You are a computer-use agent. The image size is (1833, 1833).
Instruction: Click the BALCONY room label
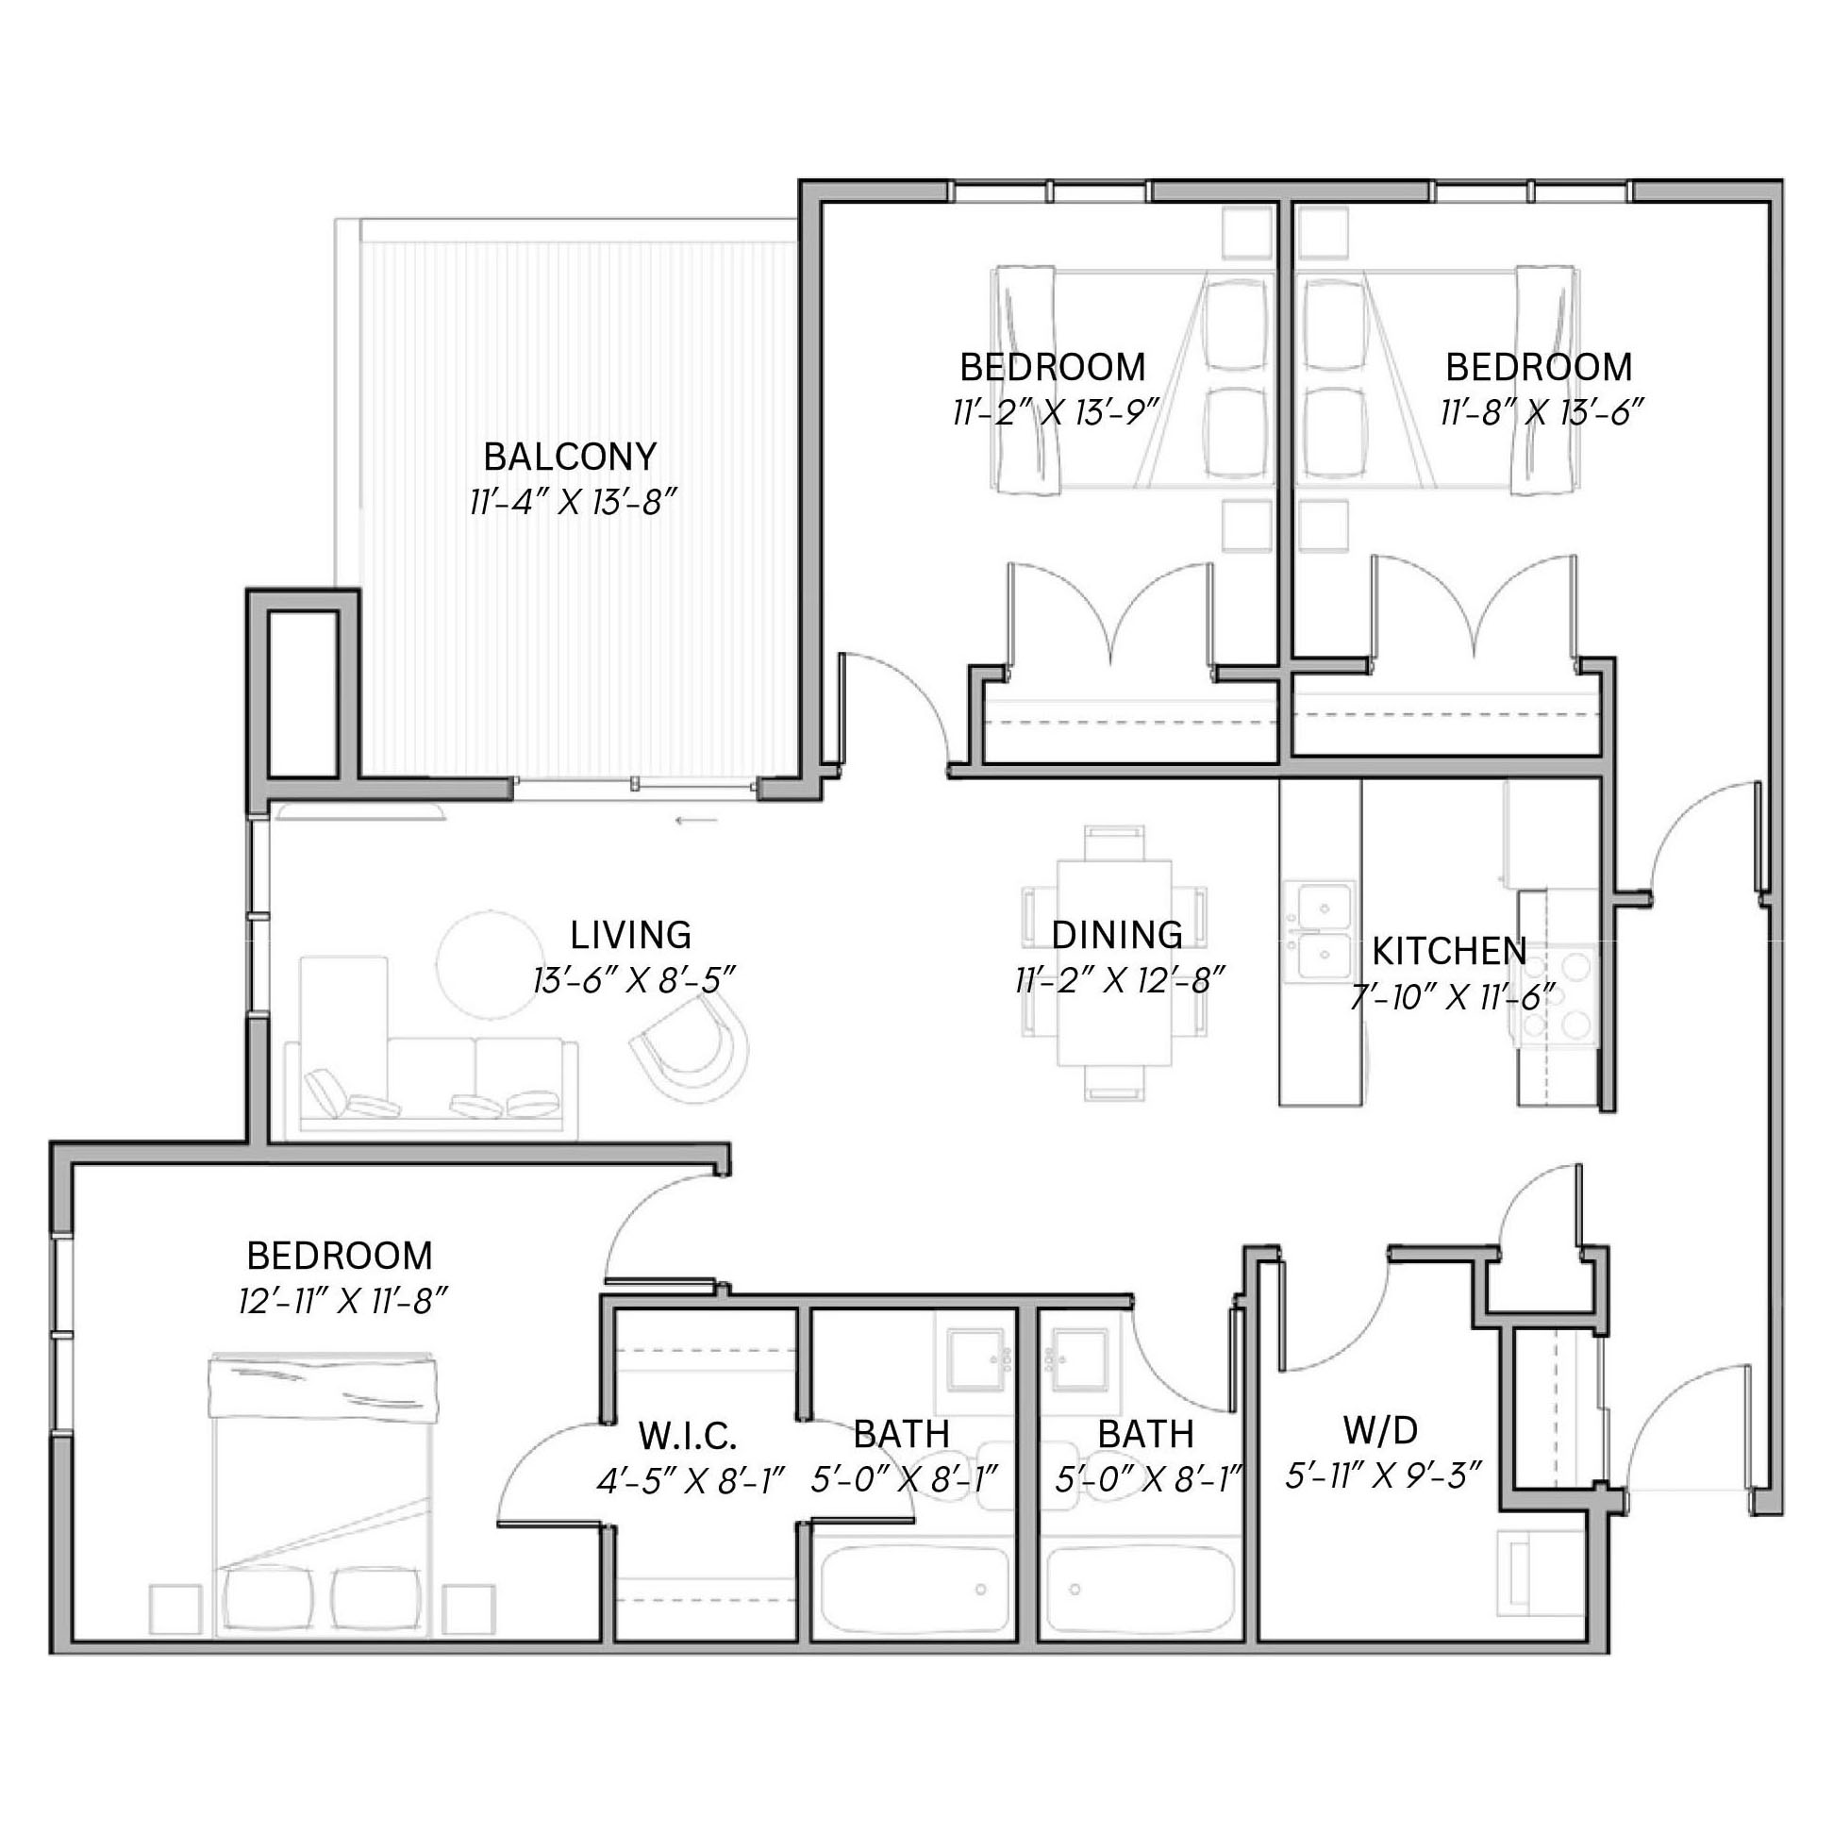coord(570,457)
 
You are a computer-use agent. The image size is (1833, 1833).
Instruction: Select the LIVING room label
coord(631,935)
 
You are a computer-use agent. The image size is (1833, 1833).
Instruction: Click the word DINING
coord(1117,935)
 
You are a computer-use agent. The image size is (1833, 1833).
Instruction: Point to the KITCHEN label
coord(1450,950)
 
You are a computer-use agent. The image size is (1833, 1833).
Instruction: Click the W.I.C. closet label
coord(688,1437)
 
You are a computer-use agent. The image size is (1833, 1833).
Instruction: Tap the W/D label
coord(1380,1428)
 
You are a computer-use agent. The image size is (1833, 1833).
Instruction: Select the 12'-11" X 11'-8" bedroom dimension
coord(342,1301)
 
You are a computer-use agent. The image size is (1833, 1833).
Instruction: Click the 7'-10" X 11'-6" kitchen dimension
coord(1454,996)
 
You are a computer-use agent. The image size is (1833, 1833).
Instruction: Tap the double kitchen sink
coord(1319,932)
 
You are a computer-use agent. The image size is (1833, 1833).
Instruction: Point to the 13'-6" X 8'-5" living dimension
coord(635,979)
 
